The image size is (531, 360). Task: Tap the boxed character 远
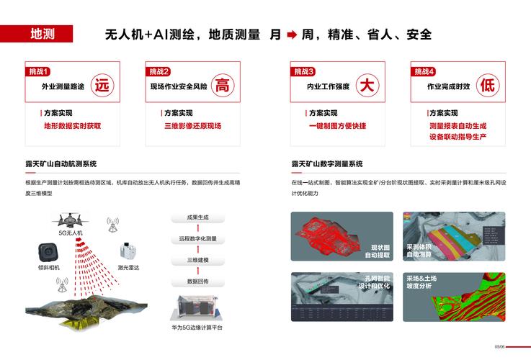tap(102, 86)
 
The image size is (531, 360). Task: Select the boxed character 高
tap(223, 86)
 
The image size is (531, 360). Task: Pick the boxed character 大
tap(367, 86)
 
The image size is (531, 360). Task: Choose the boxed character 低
tap(488, 86)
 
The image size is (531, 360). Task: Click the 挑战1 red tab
tap(37, 71)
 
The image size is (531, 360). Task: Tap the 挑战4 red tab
tap(424, 71)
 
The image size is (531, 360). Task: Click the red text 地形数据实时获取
tap(73, 125)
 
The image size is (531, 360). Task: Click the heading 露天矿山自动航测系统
tap(61, 164)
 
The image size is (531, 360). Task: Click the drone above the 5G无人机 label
tap(71, 219)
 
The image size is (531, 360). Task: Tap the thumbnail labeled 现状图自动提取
tap(342, 236)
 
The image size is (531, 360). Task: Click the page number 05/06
tap(499, 346)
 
